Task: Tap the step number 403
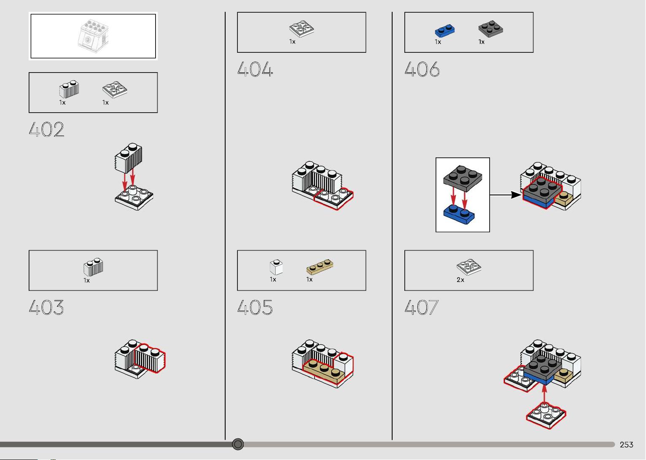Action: click(x=46, y=307)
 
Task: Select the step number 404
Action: click(x=255, y=69)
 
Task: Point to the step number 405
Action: click(x=255, y=307)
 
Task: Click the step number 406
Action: click(x=422, y=69)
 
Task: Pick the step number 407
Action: click(x=422, y=307)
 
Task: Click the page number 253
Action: click(x=626, y=445)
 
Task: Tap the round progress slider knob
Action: click(x=238, y=444)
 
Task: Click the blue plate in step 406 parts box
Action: click(x=445, y=31)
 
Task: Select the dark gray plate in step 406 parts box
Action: click(x=490, y=29)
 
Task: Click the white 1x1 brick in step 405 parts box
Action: click(x=276, y=267)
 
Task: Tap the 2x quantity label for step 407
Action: click(x=460, y=280)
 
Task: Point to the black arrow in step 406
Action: click(x=506, y=195)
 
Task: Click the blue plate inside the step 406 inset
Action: click(x=459, y=214)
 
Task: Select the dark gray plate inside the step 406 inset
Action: click(x=463, y=178)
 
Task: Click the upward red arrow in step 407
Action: click(x=544, y=394)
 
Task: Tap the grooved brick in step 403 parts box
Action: click(x=93, y=267)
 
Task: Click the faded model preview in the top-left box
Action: click(x=93, y=36)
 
